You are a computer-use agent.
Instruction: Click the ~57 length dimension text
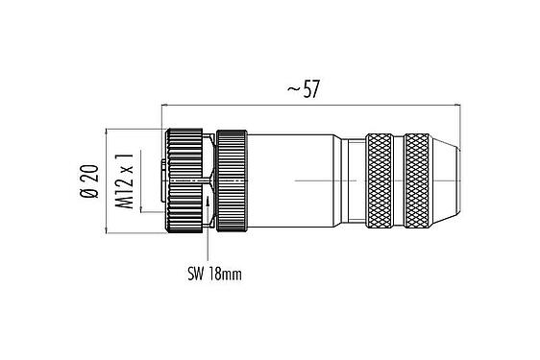click(303, 90)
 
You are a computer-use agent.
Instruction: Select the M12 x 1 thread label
click(123, 180)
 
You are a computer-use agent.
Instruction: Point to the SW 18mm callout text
click(213, 274)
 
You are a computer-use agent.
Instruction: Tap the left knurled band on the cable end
click(380, 180)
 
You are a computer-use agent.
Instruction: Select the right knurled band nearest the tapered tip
click(419, 180)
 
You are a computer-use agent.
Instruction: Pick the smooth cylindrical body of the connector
click(298, 180)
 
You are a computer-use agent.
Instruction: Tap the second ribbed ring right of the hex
click(232, 180)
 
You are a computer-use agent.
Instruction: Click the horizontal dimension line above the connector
click(240, 103)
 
